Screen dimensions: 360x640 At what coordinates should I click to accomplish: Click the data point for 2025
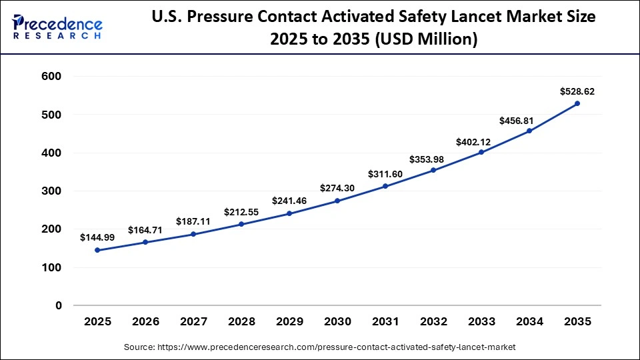coord(97,250)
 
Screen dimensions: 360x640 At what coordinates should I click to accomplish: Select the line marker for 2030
coord(337,201)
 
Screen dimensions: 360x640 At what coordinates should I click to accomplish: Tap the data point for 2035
coord(577,103)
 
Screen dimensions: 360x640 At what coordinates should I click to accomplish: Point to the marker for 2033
coord(481,152)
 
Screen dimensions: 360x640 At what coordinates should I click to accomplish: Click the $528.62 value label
coord(577,91)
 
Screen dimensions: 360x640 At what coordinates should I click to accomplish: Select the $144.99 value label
coord(97,237)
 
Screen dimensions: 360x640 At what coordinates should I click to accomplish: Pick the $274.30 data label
coord(337,188)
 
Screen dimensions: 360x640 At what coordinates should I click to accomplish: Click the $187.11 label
coord(193,221)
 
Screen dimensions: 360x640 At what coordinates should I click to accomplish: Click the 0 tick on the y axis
coord(58,305)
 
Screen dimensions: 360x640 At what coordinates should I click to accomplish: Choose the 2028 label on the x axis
coord(241,321)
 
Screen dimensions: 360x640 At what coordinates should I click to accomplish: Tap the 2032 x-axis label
coord(433,321)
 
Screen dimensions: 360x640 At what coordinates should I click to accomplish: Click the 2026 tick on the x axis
coord(145,321)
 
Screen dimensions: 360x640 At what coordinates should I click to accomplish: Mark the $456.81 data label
coord(529,121)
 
